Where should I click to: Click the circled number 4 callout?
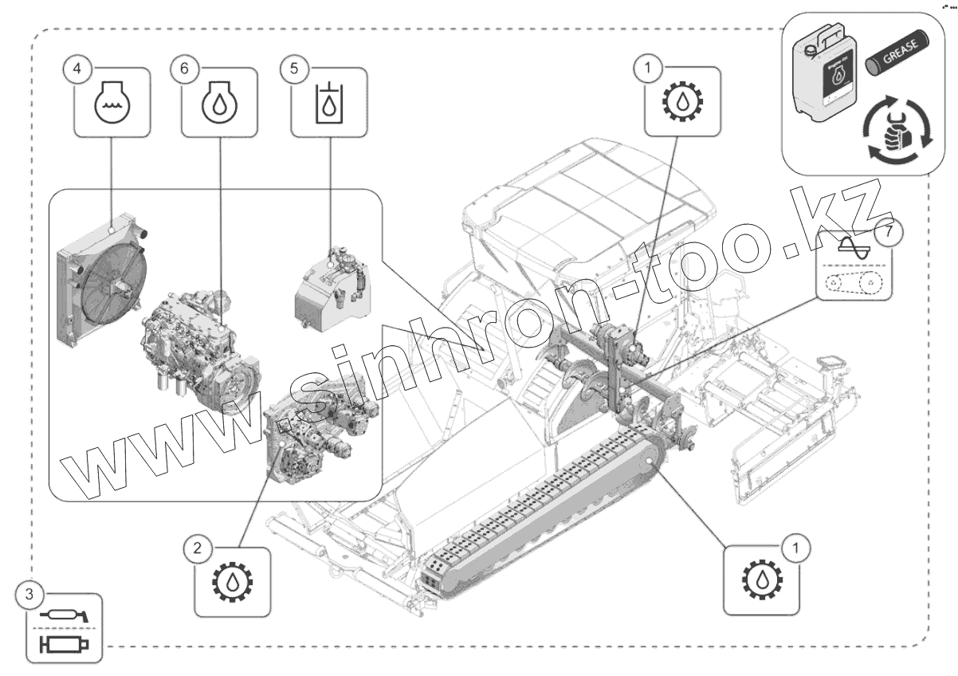click(x=77, y=69)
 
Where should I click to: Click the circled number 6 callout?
click(x=184, y=69)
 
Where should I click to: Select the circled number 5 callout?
click(x=294, y=69)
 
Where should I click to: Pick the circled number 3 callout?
click(x=29, y=594)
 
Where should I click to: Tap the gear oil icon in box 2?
click(x=232, y=584)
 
